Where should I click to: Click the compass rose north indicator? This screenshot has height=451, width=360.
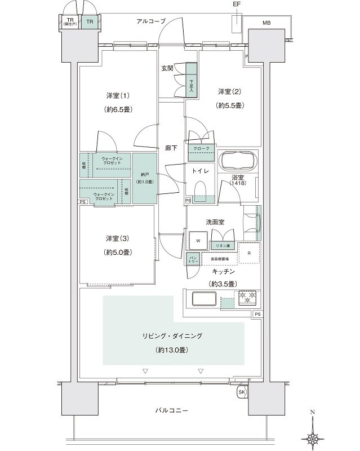[312, 436]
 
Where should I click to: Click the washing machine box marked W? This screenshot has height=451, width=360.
[198, 241]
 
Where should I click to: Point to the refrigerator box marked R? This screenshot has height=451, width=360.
[249, 253]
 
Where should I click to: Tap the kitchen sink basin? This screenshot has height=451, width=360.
[202, 299]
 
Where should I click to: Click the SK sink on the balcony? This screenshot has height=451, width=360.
[242, 391]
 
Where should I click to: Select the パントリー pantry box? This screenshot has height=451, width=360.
[192, 259]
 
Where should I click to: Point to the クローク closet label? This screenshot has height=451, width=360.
[201, 149]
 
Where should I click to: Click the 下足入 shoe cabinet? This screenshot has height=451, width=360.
[191, 85]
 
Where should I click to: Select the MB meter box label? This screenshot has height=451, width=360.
[265, 23]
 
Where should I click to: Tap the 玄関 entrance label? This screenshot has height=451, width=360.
[167, 68]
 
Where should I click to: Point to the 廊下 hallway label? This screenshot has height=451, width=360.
[171, 148]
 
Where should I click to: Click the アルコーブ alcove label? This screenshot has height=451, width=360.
[151, 21]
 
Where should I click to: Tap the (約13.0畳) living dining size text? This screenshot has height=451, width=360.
[173, 350]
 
